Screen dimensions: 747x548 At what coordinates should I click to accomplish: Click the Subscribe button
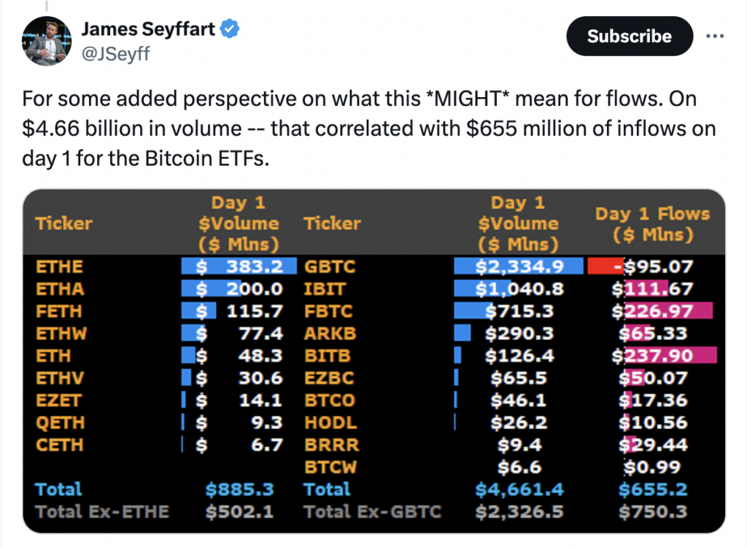pyautogui.click(x=630, y=36)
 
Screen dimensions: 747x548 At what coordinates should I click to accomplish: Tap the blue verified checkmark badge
pyautogui.click(x=230, y=28)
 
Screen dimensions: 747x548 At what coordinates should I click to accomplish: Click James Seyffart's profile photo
pyautogui.click(x=47, y=41)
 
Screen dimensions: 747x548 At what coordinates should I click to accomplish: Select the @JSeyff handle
pyautogui.click(x=116, y=54)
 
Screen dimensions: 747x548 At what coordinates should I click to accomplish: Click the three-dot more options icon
pyautogui.click(x=715, y=36)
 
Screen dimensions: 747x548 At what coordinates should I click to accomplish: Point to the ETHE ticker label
pyautogui.click(x=60, y=266)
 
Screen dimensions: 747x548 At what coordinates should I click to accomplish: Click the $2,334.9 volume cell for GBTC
pyautogui.click(x=519, y=266)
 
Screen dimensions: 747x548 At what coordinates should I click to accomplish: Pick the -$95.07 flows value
pyautogui.click(x=654, y=266)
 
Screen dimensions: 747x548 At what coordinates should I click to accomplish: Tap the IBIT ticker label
pyautogui.click(x=325, y=289)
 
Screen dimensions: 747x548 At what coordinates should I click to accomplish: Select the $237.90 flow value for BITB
pyautogui.click(x=653, y=355)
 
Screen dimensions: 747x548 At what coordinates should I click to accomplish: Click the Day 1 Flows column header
pyautogui.click(x=653, y=224)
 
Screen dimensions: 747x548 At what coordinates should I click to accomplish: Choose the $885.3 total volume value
pyautogui.click(x=239, y=490)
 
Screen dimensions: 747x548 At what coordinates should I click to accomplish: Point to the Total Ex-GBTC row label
pyautogui.click(x=373, y=512)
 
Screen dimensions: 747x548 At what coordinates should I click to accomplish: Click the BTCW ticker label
pyautogui.click(x=330, y=467)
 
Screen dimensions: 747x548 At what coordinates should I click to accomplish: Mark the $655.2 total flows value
pyautogui.click(x=653, y=490)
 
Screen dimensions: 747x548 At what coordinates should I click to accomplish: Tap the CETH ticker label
pyautogui.click(x=60, y=444)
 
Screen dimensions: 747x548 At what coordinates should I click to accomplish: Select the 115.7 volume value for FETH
pyautogui.click(x=255, y=311)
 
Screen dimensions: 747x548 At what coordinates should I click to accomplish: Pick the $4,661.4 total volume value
pyautogui.click(x=519, y=490)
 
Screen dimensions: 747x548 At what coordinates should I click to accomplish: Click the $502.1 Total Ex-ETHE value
pyautogui.click(x=239, y=512)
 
